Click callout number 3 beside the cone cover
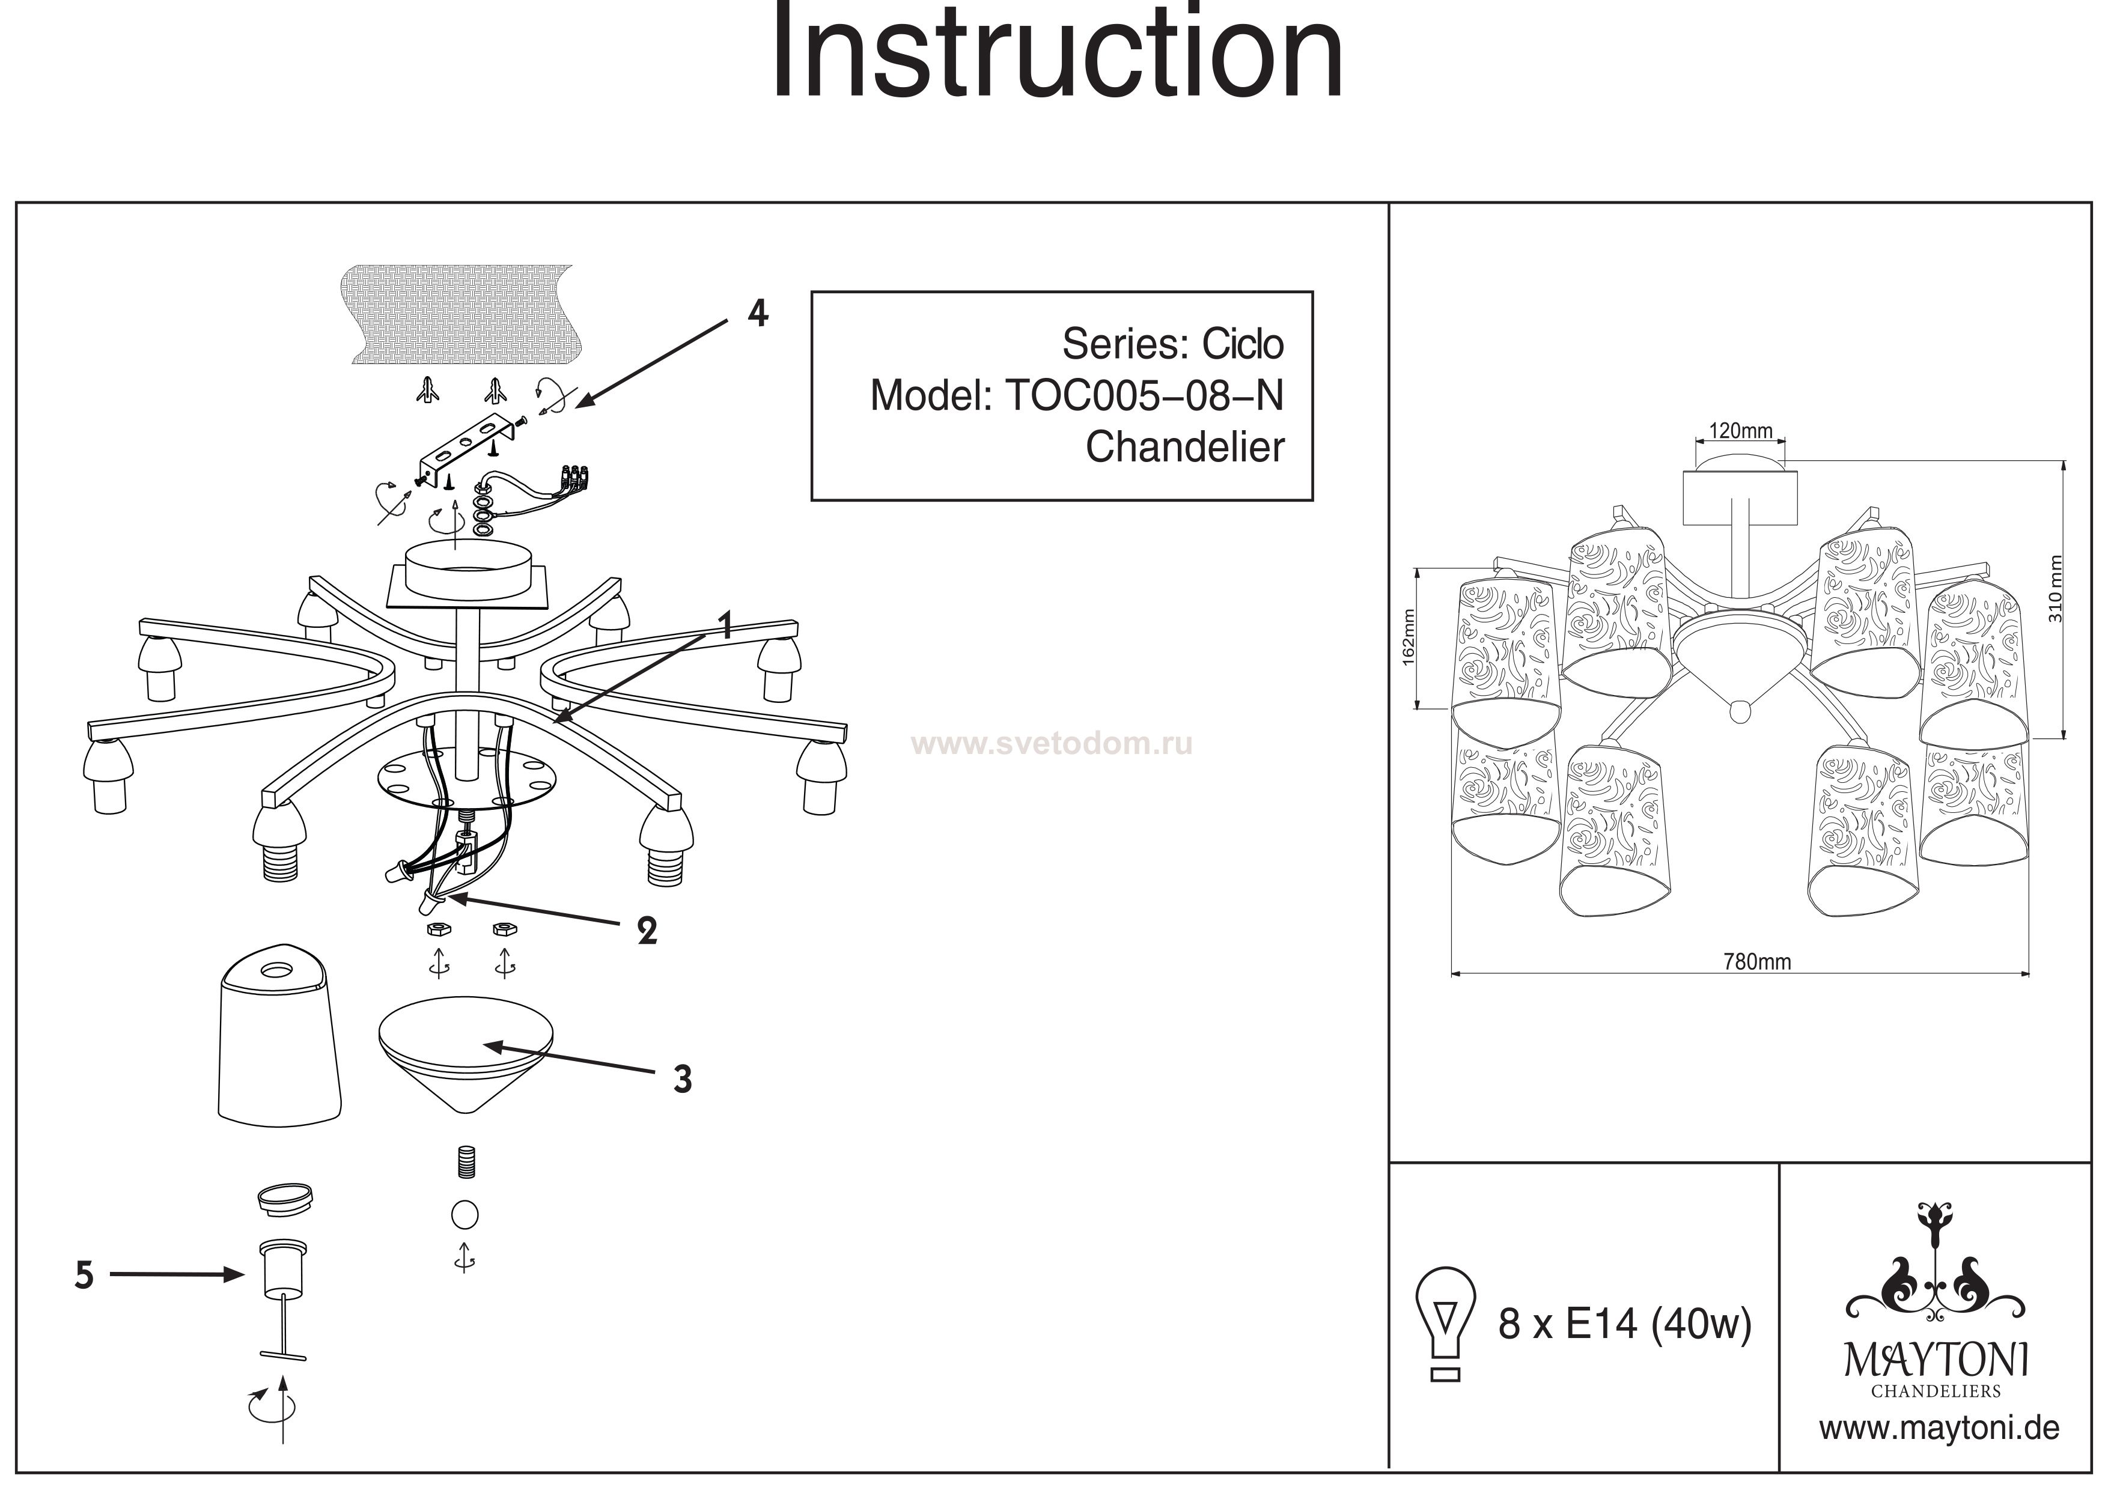682,1080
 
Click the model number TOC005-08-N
1144,396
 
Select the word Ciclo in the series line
1243,344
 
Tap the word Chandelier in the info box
1184,448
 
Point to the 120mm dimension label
1740,431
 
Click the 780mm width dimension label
1756,961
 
